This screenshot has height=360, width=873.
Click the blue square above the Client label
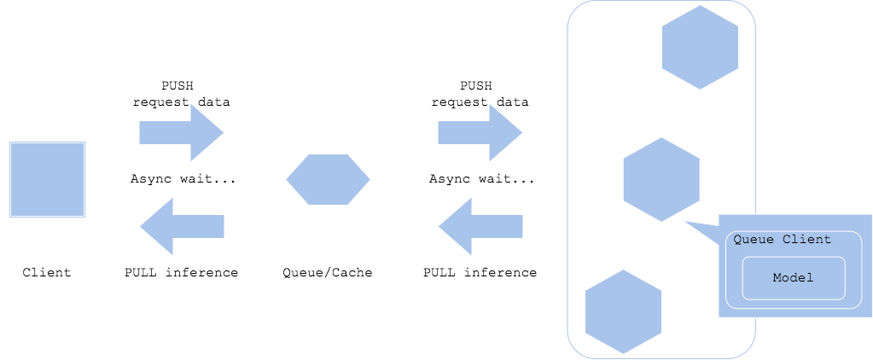click(x=47, y=179)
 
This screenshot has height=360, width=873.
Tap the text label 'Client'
click(x=47, y=273)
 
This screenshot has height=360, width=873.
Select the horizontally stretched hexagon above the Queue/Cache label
click(x=328, y=179)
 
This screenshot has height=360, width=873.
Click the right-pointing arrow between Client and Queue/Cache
click(x=182, y=132)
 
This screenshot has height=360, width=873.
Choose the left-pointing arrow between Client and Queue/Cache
click(x=182, y=226)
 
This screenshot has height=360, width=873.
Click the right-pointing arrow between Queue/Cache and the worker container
click(x=480, y=132)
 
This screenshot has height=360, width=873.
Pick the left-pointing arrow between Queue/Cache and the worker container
click(x=480, y=226)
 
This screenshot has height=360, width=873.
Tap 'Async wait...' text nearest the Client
click(x=183, y=179)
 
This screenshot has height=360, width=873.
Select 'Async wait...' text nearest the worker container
click(x=481, y=179)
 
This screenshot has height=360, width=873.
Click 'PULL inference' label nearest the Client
click(x=181, y=273)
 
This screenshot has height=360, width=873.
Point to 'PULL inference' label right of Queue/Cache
click(x=480, y=273)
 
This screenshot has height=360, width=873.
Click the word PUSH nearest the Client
click(x=182, y=86)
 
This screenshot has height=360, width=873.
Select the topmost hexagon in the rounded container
click(x=700, y=47)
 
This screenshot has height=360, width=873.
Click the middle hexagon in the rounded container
click(x=661, y=179)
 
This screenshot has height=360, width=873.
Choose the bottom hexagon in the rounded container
click(x=623, y=311)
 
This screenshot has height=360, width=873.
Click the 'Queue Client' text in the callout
click(x=782, y=240)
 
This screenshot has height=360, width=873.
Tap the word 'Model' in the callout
click(x=793, y=278)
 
